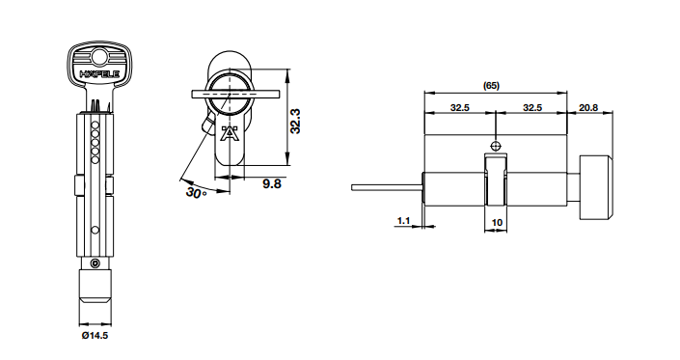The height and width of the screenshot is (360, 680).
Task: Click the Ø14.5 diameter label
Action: coord(95,335)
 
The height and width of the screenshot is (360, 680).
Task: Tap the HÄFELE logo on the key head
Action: coord(99,74)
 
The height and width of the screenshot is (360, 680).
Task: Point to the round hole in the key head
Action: coord(99,56)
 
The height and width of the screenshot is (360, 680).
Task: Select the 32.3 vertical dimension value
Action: coord(295,121)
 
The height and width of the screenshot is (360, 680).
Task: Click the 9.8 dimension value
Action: coord(272,184)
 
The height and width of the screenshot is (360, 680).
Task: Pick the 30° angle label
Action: coord(196,192)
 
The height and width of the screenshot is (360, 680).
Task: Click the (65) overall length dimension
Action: coord(491,86)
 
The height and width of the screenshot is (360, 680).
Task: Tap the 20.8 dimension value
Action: coord(588,107)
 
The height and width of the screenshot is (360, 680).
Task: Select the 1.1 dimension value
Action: coord(403,221)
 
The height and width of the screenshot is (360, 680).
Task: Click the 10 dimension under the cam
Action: coord(497,223)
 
